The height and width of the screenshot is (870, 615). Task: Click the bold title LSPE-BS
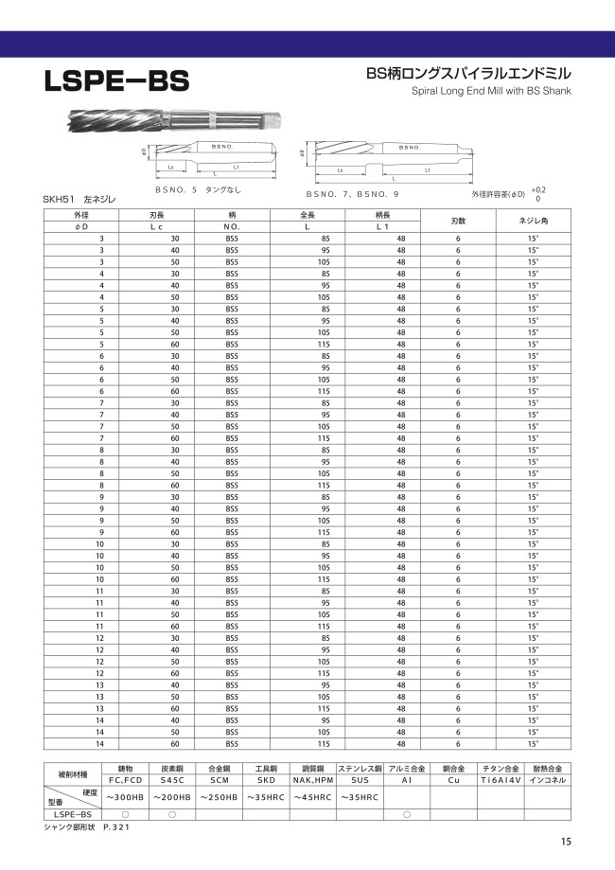(x=116, y=81)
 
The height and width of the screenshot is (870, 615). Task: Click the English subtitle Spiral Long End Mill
(x=492, y=93)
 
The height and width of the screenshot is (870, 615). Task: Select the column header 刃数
(x=458, y=221)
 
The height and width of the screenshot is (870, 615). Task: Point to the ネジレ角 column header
(x=532, y=221)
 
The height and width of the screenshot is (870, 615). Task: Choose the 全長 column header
(x=307, y=215)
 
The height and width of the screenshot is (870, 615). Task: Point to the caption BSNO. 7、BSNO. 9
(x=352, y=193)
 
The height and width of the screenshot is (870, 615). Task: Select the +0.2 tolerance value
(x=538, y=188)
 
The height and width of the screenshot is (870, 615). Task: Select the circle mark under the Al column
(x=407, y=814)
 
